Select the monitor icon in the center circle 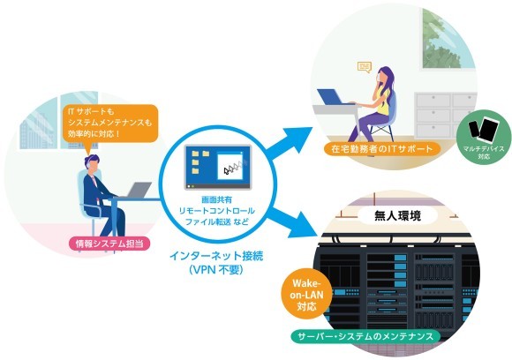click(217, 167)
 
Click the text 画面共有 click(216, 201)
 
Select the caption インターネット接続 click(216, 257)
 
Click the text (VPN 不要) click(216, 271)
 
